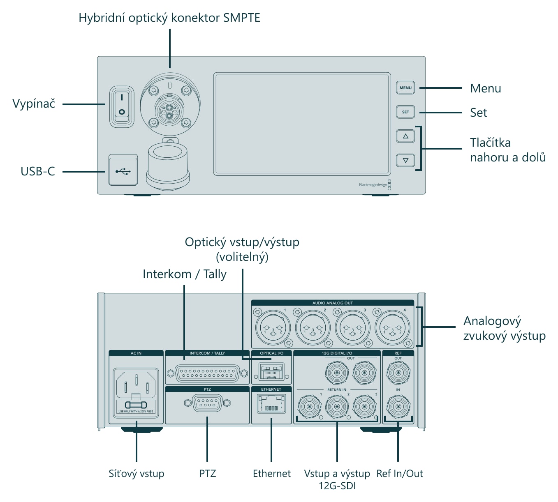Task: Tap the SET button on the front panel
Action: coord(405,112)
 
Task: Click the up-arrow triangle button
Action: coord(405,136)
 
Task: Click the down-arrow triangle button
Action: coord(405,160)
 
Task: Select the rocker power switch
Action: coord(122,107)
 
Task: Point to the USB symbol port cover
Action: coord(123,170)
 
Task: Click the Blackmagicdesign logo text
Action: coord(373,184)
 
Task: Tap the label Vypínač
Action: coord(34,104)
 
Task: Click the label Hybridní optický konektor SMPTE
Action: coord(169,18)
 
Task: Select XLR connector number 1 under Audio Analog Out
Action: coord(273,328)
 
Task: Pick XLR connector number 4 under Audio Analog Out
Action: coord(392,328)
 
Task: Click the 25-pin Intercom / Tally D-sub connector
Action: coord(207,373)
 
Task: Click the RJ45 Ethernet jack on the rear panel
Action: coord(271,405)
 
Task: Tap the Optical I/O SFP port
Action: coord(271,371)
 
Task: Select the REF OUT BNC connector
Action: coord(398,373)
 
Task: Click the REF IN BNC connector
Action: coord(398,407)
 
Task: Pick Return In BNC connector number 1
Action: coord(309,407)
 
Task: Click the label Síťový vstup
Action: coord(136,473)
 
